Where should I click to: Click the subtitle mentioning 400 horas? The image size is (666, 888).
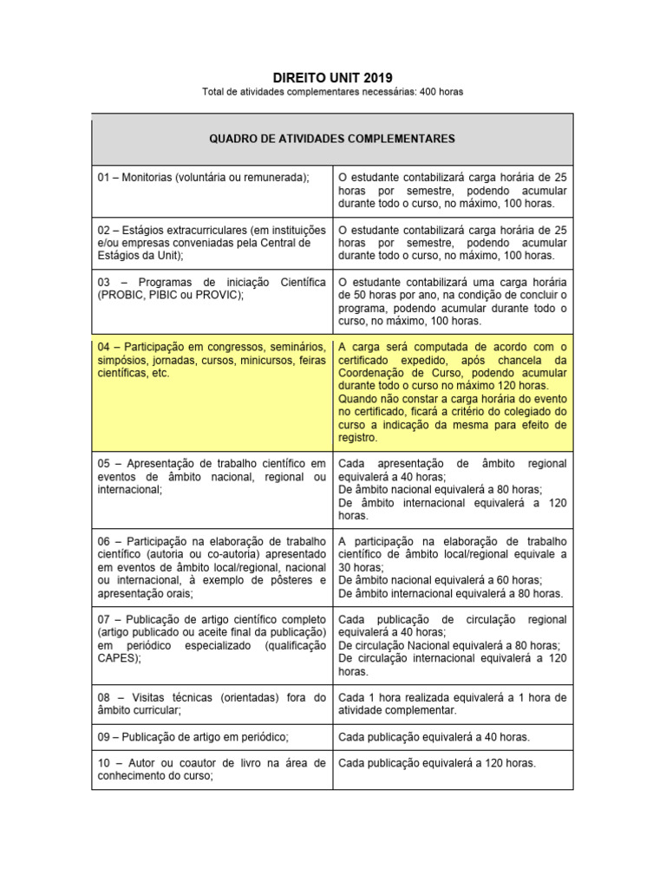point(333,92)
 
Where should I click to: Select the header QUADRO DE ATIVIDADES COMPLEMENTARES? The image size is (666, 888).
point(332,139)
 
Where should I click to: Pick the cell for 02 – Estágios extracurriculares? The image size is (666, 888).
point(212,243)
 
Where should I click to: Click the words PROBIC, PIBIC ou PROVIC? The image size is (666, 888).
point(171,295)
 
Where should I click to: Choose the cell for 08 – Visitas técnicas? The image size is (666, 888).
point(212,703)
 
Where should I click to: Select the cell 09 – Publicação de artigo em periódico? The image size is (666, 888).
point(212,737)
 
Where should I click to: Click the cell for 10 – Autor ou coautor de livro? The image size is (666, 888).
point(212,770)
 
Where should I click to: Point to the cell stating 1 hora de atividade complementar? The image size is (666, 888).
point(452,703)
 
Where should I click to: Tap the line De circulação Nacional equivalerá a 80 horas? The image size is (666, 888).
point(448,645)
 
